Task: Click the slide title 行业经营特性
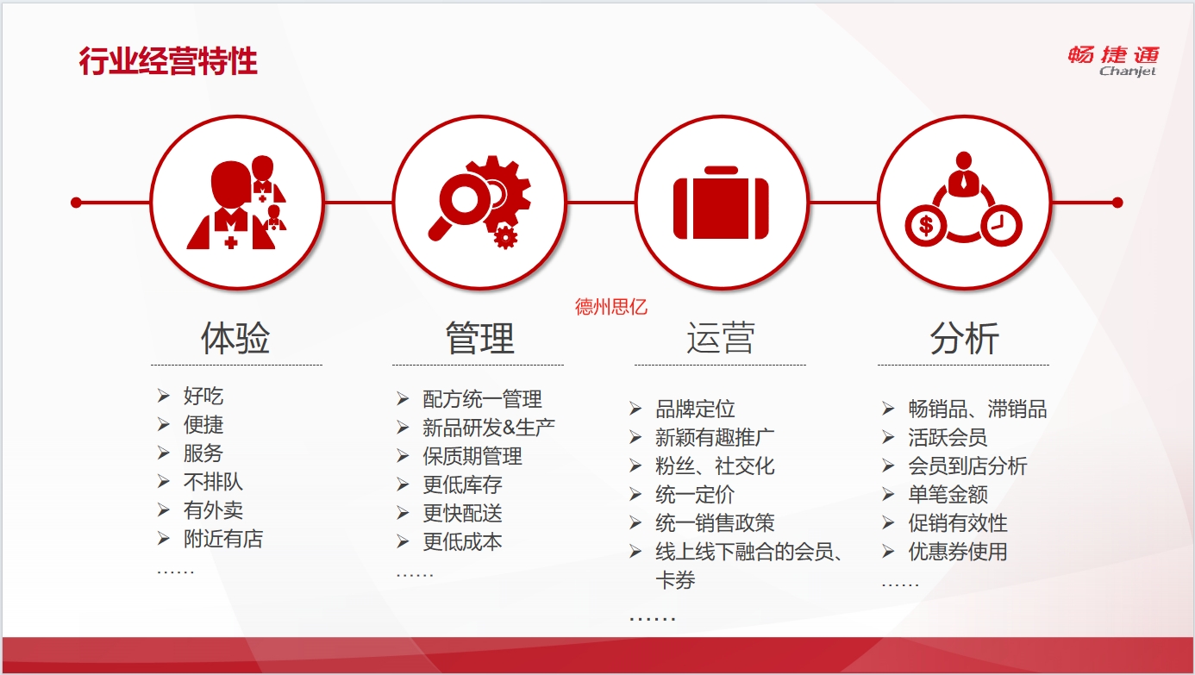[168, 61]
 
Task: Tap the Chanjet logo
[1113, 61]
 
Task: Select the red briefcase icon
[721, 203]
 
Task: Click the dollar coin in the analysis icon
[926, 226]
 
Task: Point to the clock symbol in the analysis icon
[1001, 226]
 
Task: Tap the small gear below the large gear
[504, 237]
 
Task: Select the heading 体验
[235, 338]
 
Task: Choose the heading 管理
[479, 338]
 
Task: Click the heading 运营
[721, 338]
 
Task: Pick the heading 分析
[964, 338]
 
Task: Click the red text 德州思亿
[611, 307]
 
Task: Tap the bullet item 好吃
[203, 396]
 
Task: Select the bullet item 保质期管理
[472, 456]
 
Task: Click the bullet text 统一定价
[695, 495]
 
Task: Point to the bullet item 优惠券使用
[958, 552]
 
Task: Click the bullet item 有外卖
[214, 510]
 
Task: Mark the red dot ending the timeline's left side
[76, 203]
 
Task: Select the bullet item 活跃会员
[948, 438]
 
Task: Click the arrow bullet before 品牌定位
[635, 409]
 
